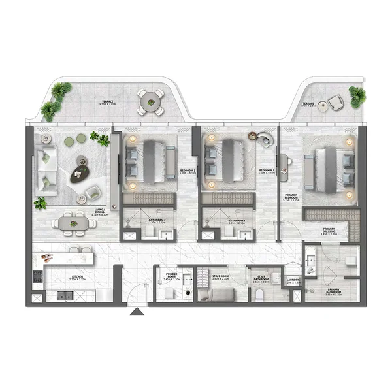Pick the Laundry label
tap(293, 282)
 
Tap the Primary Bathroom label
tap(333, 291)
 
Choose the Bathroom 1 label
tap(236, 221)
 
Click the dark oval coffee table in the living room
tap(81, 171)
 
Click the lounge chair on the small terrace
tap(335, 102)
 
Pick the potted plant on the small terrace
tap(357, 96)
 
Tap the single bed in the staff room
tap(216, 295)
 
